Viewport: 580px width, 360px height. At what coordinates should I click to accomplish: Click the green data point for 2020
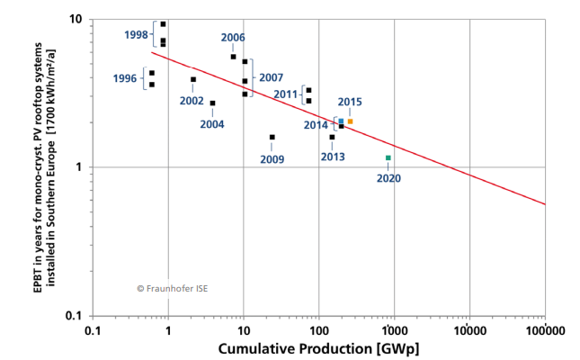(388, 157)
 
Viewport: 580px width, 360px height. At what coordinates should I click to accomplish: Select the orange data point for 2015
(350, 121)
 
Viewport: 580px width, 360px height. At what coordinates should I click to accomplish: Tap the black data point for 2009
(272, 137)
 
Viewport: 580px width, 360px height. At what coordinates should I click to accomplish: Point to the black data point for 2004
(212, 103)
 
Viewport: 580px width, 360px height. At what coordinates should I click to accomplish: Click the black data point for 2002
(193, 79)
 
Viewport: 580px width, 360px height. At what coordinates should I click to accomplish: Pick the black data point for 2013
(332, 137)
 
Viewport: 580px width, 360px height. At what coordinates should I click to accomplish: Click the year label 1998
(136, 34)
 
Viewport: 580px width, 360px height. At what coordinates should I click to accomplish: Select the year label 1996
(125, 78)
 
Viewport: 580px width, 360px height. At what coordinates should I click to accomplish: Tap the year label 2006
(232, 37)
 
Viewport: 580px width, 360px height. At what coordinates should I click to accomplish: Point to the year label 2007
(271, 77)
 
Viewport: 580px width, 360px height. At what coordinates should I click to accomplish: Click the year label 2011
(285, 94)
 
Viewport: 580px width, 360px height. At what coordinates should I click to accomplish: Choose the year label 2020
(388, 178)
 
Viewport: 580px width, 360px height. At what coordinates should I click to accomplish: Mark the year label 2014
(316, 125)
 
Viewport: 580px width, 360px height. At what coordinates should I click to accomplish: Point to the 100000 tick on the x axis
(545, 330)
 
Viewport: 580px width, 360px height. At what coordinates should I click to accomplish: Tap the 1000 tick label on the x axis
(394, 330)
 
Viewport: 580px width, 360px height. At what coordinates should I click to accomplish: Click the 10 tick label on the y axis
(76, 19)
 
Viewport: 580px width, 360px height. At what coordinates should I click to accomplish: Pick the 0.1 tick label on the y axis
(75, 316)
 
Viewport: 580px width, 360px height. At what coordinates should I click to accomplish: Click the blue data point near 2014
(341, 121)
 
